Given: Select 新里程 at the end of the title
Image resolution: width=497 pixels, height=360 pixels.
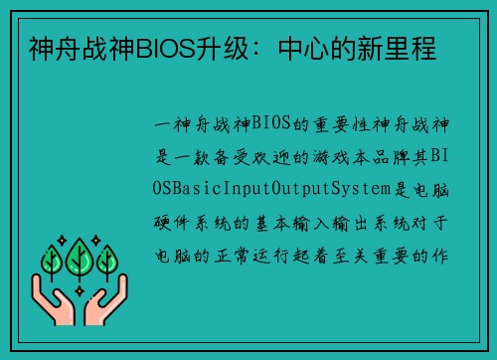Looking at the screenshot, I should point(403,48).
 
